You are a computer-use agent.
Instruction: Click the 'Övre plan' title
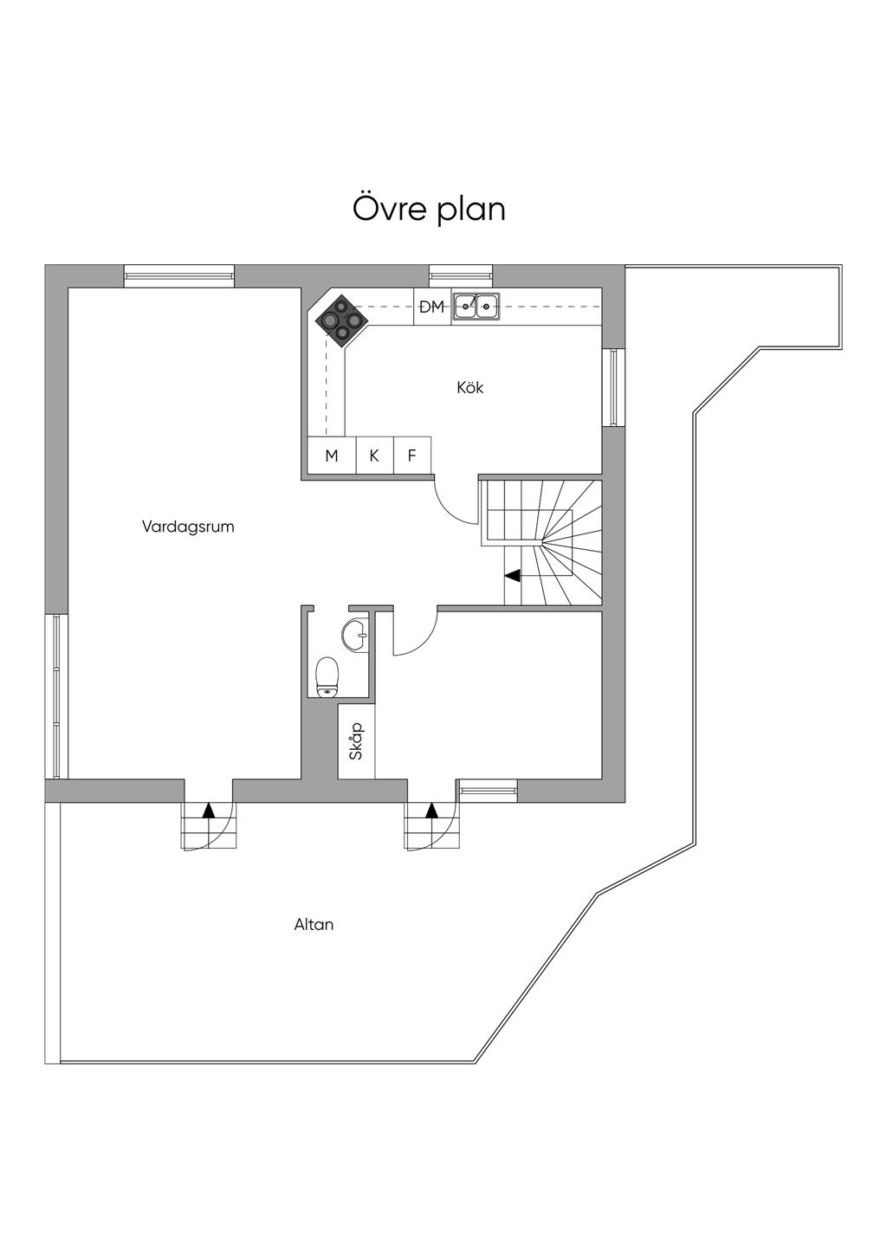tap(429, 210)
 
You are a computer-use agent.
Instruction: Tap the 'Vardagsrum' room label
tap(188, 526)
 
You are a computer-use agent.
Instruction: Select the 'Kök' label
tap(469, 387)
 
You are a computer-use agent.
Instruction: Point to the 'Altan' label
tap(314, 924)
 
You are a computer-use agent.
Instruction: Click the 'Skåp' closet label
tap(356, 741)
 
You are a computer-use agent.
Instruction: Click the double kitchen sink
tap(476, 305)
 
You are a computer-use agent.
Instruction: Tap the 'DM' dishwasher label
tap(431, 307)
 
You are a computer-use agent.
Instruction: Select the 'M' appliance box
tap(332, 456)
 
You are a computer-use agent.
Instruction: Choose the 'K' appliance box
tap(374, 456)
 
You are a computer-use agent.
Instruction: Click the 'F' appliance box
tap(412, 456)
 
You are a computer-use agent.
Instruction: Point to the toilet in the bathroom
tap(327, 675)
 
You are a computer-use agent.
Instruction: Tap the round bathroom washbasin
tap(355, 635)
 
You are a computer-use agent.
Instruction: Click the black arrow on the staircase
tap(512, 574)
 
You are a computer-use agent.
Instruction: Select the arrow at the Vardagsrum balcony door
tap(208, 811)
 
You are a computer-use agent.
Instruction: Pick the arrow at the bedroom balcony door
tap(431, 811)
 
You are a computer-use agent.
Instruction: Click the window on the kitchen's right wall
tap(614, 387)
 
